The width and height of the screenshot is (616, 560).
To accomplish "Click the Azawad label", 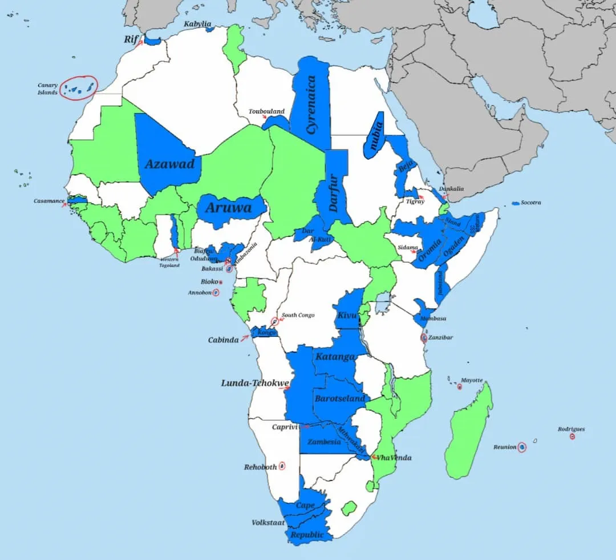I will [x=169, y=164].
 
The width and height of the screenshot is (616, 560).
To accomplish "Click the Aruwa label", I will [x=228, y=208].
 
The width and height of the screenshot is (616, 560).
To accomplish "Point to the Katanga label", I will [x=335, y=357].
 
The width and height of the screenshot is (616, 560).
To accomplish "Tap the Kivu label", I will [x=347, y=315].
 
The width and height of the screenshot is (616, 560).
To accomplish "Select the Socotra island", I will [x=516, y=203].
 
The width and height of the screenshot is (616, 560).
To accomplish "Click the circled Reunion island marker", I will [x=521, y=448].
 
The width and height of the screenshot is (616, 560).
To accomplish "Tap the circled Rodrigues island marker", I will [x=572, y=437].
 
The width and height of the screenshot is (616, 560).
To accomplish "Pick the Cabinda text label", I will [x=223, y=340].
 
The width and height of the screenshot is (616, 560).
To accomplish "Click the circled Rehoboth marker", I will [x=282, y=466].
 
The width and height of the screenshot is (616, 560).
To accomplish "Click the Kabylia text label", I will [x=197, y=25].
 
